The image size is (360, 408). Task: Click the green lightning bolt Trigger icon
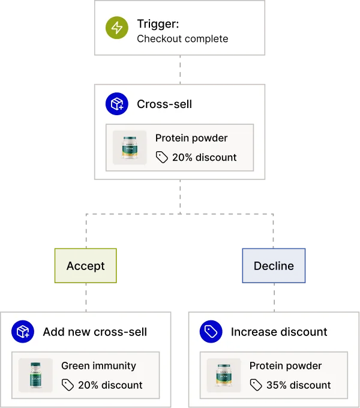tap(116, 29)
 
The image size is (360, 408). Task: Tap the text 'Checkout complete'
tap(182, 39)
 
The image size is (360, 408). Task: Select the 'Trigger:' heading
tap(157, 24)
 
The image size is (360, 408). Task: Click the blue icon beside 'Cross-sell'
tap(116, 104)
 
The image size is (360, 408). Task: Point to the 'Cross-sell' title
tap(164, 104)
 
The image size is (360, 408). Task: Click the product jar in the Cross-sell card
tap(130, 148)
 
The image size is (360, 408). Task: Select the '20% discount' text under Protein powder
tap(204, 158)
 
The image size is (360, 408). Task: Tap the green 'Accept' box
tap(85, 266)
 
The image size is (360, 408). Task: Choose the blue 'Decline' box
tap(274, 265)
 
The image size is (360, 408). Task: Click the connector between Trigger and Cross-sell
tap(179, 70)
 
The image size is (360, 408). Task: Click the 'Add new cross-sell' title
tap(95, 332)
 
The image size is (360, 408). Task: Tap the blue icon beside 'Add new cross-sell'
tap(23, 332)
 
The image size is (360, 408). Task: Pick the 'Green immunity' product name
tap(98, 365)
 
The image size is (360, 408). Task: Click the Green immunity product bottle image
tap(35, 376)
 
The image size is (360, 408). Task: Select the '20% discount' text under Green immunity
tap(110, 385)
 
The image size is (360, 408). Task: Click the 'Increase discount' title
tap(279, 332)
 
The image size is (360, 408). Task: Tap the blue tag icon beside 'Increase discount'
tap(211, 332)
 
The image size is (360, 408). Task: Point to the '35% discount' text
tap(298, 385)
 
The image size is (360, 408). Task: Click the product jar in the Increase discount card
tap(223, 376)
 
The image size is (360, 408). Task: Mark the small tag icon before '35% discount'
tap(256, 385)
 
